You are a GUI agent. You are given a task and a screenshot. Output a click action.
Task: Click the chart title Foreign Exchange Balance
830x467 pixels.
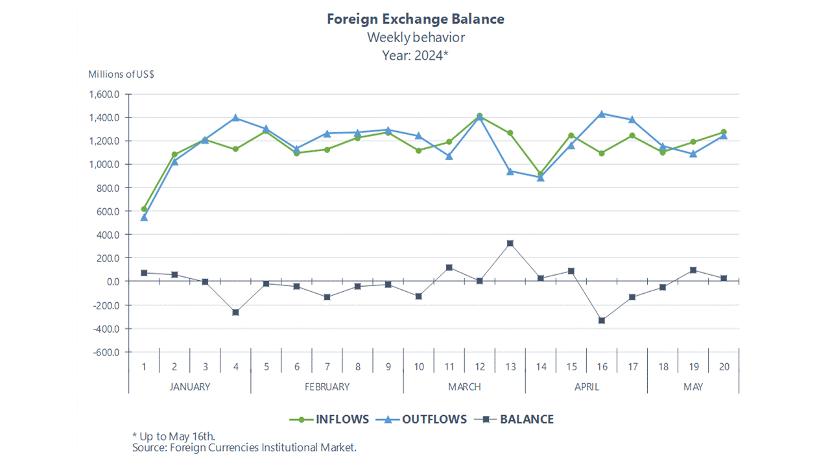click(415, 19)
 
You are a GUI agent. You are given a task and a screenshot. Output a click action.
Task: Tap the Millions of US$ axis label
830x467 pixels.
click(121, 74)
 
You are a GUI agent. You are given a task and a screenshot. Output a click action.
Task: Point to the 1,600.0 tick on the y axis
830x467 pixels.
click(106, 94)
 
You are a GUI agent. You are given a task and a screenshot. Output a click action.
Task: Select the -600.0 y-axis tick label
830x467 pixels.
click(106, 352)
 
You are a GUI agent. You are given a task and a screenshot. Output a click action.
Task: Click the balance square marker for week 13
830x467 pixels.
click(510, 243)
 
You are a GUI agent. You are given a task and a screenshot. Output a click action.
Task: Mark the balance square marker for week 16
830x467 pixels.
click(602, 320)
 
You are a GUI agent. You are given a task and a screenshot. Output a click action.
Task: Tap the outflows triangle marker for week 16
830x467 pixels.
click(602, 114)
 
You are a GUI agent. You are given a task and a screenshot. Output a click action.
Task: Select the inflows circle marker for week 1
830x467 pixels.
click(144, 209)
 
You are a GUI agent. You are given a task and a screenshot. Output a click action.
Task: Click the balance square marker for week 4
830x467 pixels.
click(235, 312)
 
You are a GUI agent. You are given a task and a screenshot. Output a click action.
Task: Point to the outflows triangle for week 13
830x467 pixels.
click(510, 171)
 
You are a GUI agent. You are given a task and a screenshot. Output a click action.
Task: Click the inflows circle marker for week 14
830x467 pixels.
click(541, 174)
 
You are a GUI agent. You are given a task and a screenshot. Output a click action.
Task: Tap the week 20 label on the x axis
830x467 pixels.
click(724, 366)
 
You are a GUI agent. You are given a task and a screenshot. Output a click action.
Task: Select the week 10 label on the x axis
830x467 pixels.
click(419, 366)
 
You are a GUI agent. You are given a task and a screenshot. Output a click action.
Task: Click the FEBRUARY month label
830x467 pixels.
click(327, 387)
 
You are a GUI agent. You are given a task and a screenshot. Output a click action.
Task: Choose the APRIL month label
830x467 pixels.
click(586, 387)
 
